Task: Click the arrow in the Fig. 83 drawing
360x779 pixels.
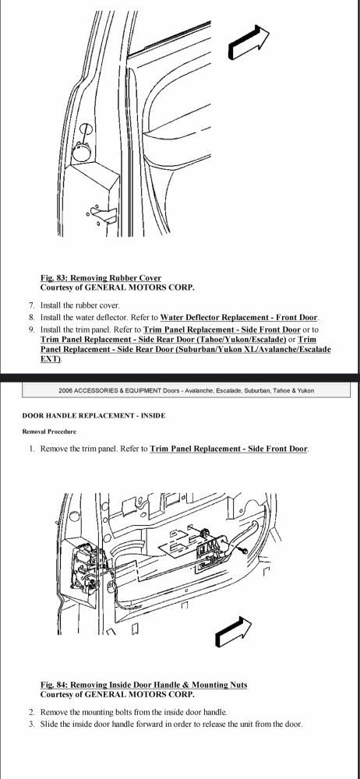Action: pos(249,43)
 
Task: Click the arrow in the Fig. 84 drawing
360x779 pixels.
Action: pos(233,633)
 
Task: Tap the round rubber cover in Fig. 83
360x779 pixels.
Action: pos(82,150)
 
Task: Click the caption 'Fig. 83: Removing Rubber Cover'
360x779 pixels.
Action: pos(101,278)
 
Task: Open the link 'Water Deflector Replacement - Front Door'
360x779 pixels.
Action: pos(239,318)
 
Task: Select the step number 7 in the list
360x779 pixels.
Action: pos(32,305)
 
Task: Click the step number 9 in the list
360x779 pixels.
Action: pos(32,330)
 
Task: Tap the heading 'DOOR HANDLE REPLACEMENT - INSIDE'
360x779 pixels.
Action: pos(94,415)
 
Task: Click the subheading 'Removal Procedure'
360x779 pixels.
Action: pos(49,432)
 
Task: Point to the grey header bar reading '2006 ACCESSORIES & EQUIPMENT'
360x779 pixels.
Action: pos(186,390)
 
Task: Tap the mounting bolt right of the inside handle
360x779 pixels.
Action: pos(244,551)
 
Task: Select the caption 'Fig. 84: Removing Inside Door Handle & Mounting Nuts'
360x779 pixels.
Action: pos(143,685)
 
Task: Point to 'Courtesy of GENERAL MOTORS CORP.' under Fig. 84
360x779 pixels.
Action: pos(118,695)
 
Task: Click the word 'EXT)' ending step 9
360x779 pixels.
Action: pos(50,358)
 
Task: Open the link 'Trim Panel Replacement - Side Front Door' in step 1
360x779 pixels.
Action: pos(229,449)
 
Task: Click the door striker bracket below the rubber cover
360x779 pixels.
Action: pos(101,213)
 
